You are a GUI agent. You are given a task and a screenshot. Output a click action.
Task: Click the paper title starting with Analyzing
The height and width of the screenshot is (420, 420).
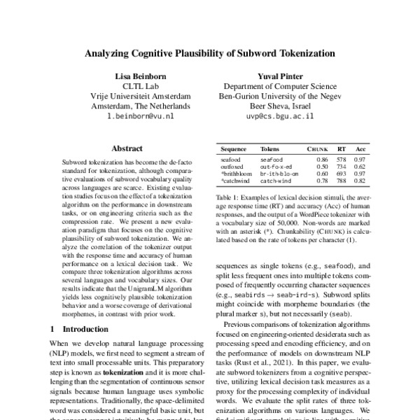pyautogui.click(x=210, y=52)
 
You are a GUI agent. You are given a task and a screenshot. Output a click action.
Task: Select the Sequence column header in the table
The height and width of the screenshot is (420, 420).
pyautogui.click(x=233, y=150)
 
